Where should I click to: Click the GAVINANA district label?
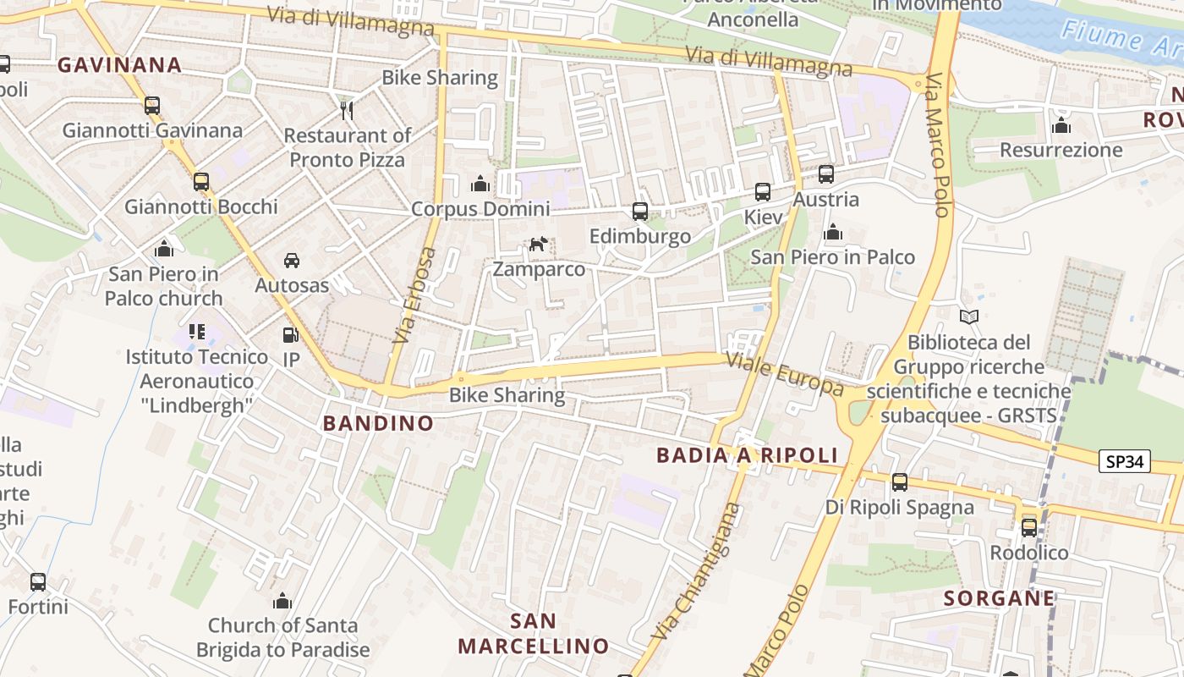pyautogui.click(x=119, y=64)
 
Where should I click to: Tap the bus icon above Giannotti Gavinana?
pyautogui.click(x=152, y=106)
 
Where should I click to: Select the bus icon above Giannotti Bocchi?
pyautogui.click(x=200, y=182)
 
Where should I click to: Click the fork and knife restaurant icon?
pyautogui.click(x=346, y=109)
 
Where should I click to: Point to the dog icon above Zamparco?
pyautogui.click(x=538, y=245)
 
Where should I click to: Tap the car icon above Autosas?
pyautogui.click(x=292, y=260)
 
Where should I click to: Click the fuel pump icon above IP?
pyautogui.click(x=290, y=335)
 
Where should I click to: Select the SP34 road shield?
pyautogui.click(x=1125, y=461)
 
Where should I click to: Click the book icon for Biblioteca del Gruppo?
pyautogui.click(x=969, y=317)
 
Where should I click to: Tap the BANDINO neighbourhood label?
pyautogui.click(x=378, y=423)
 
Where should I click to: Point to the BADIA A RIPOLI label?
pyautogui.click(x=747, y=455)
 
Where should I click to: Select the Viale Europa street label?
pyautogui.click(x=786, y=374)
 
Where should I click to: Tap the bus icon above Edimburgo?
pyautogui.click(x=640, y=212)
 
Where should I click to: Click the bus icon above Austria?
pyautogui.click(x=826, y=174)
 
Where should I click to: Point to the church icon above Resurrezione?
pyautogui.click(x=1061, y=126)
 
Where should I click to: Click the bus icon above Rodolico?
pyautogui.click(x=1029, y=527)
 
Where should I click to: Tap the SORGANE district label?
pyautogui.click(x=999, y=598)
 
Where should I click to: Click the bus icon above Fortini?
pyautogui.click(x=38, y=582)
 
